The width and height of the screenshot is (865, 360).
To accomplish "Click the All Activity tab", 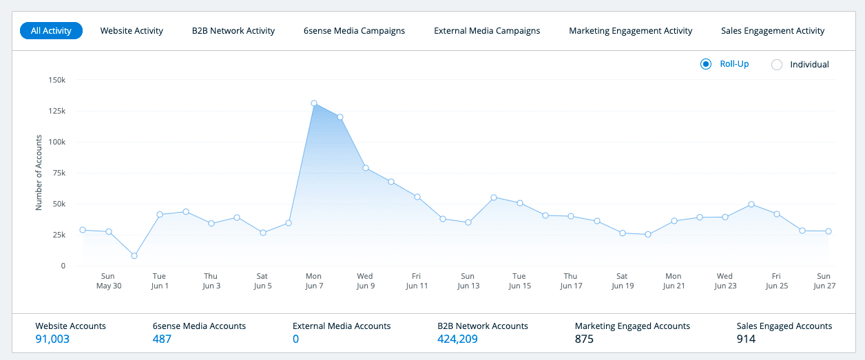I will (52, 31).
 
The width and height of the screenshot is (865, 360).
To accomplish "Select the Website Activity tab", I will (132, 31).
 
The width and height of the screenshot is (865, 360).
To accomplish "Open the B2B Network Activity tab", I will (233, 31).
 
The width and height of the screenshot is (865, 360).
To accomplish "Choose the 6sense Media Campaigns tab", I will (354, 31).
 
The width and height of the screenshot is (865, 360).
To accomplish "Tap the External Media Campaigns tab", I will (487, 31).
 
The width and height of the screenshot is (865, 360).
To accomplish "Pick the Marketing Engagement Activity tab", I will (630, 31).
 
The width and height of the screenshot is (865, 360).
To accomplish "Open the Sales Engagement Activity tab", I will (773, 31).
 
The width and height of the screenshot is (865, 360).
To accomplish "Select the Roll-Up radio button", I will (706, 64).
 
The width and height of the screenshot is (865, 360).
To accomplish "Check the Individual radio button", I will (777, 65).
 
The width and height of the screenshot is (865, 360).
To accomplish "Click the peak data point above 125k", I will (314, 103).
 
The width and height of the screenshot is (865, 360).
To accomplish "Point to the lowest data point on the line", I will (134, 255).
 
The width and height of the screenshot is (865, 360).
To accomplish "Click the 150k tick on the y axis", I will (56, 80).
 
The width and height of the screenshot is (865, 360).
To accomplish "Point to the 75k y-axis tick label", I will (58, 173).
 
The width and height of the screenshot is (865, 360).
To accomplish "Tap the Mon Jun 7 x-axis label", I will (313, 281).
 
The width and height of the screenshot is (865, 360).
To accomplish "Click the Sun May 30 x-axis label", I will (108, 281).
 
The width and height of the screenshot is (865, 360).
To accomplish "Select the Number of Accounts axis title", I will (39, 173).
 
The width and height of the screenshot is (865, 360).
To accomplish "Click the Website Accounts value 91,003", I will (52, 339).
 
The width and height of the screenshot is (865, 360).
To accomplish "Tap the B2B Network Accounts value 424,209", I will (457, 339).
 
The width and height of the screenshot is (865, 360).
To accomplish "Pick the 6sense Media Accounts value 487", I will (162, 339).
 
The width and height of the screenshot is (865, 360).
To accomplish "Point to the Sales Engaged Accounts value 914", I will (746, 339).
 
